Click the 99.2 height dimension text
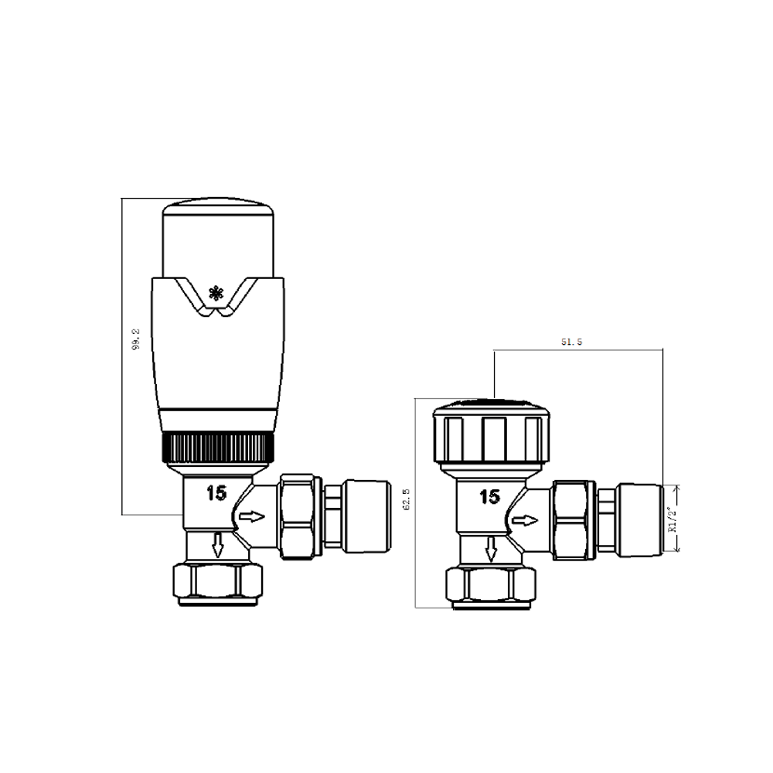pos(136,341)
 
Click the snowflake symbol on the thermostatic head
pos(216,293)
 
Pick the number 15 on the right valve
pos(490,497)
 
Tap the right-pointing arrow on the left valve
pos(252,516)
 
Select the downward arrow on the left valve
pos(218,545)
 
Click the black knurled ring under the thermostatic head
pos(219,448)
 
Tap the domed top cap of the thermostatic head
pos(218,232)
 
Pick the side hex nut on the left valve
pos(300,516)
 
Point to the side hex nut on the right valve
pos(574,519)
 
